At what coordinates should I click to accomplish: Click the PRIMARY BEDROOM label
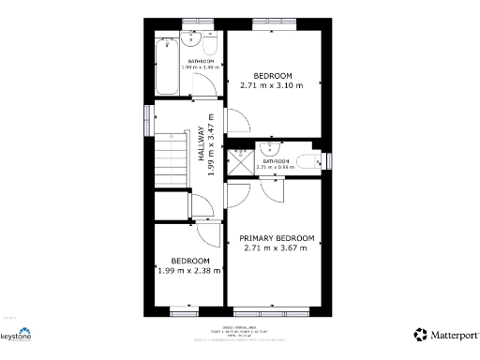point(276,238)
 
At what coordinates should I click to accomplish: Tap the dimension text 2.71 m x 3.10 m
point(273,85)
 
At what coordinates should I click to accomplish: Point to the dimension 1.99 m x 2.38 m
point(189,271)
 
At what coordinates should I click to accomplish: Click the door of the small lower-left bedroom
point(208,232)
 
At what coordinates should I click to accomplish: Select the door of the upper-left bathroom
point(206,85)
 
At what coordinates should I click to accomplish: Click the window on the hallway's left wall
point(147,113)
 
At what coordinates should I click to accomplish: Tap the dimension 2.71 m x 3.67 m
point(276,249)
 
